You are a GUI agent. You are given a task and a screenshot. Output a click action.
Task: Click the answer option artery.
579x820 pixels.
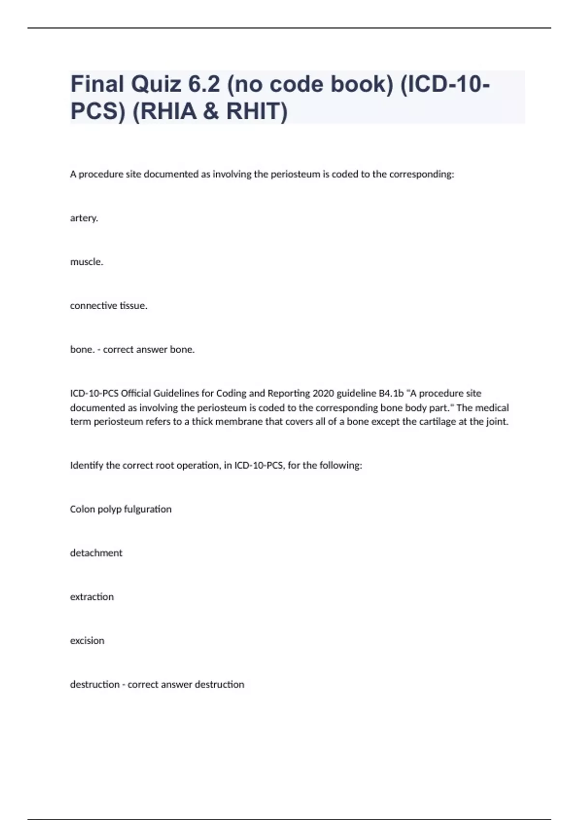84,218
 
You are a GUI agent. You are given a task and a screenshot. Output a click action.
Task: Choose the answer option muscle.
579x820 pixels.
87,262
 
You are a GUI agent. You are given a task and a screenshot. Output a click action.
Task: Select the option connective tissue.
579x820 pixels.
109,306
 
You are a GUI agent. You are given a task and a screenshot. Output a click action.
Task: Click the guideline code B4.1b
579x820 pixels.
391,393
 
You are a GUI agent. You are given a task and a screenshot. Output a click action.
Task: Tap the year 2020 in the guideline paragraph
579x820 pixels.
323,393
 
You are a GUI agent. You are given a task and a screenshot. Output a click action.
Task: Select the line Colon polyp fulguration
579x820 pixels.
121,509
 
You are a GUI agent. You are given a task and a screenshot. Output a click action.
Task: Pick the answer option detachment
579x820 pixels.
96,553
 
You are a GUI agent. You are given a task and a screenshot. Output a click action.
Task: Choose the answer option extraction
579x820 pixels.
92,597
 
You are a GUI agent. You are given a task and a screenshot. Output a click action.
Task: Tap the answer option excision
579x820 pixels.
87,641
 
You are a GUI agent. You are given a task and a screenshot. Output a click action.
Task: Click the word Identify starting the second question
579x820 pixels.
87,465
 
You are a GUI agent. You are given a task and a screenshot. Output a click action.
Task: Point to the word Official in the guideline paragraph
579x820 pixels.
136,393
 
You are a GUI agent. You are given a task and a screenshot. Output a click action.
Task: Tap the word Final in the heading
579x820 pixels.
97,84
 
